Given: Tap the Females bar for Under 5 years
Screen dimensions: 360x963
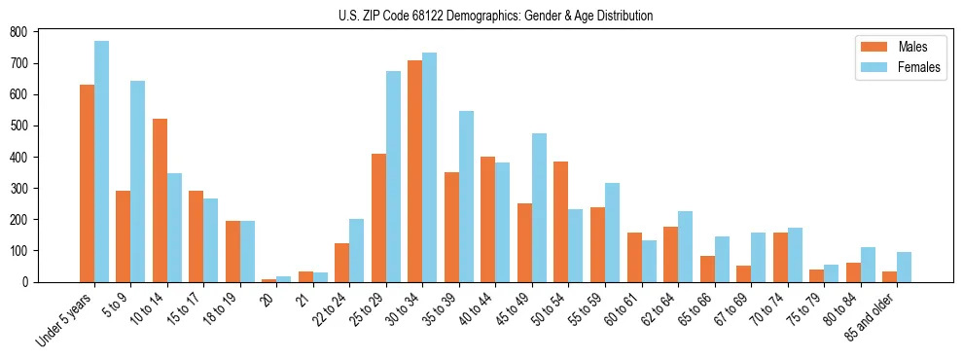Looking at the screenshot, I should coord(101,162).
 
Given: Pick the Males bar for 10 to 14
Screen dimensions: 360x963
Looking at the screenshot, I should coord(160,200).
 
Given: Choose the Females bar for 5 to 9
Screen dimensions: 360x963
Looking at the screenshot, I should coord(137,181).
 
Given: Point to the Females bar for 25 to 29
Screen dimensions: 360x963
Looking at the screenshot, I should coord(393,176).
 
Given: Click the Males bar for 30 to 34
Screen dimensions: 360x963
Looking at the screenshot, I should coord(414,171).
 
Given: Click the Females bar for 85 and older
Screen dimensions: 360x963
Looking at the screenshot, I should coord(904,267).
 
